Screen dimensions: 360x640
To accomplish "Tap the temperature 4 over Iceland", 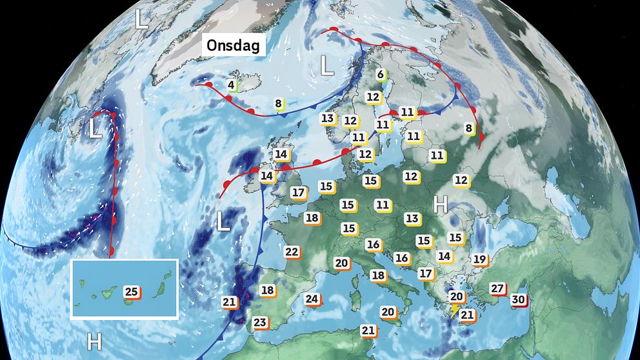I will click(x=231, y=85).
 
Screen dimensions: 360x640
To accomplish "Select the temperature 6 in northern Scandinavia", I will click(x=380, y=75).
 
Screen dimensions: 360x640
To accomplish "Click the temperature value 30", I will click(x=517, y=299).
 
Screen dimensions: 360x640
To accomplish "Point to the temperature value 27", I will click(x=497, y=288).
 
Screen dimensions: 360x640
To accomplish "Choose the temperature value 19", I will click(x=479, y=259).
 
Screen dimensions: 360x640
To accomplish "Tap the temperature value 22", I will click(x=292, y=252).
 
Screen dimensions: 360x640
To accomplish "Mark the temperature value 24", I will click(x=312, y=299).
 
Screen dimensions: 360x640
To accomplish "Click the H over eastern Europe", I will click(x=441, y=205).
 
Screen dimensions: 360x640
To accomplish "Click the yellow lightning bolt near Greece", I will click(x=455, y=311).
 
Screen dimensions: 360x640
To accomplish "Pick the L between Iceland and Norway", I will click(x=327, y=66).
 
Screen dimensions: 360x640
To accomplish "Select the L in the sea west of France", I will click(x=223, y=221).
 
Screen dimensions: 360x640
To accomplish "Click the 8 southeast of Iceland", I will click(x=278, y=103).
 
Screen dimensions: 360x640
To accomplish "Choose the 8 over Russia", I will click(x=469, y=128).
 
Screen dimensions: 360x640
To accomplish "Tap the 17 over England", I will click(x=298, y=192).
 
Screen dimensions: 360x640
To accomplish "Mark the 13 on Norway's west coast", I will click(x=328, y=118).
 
